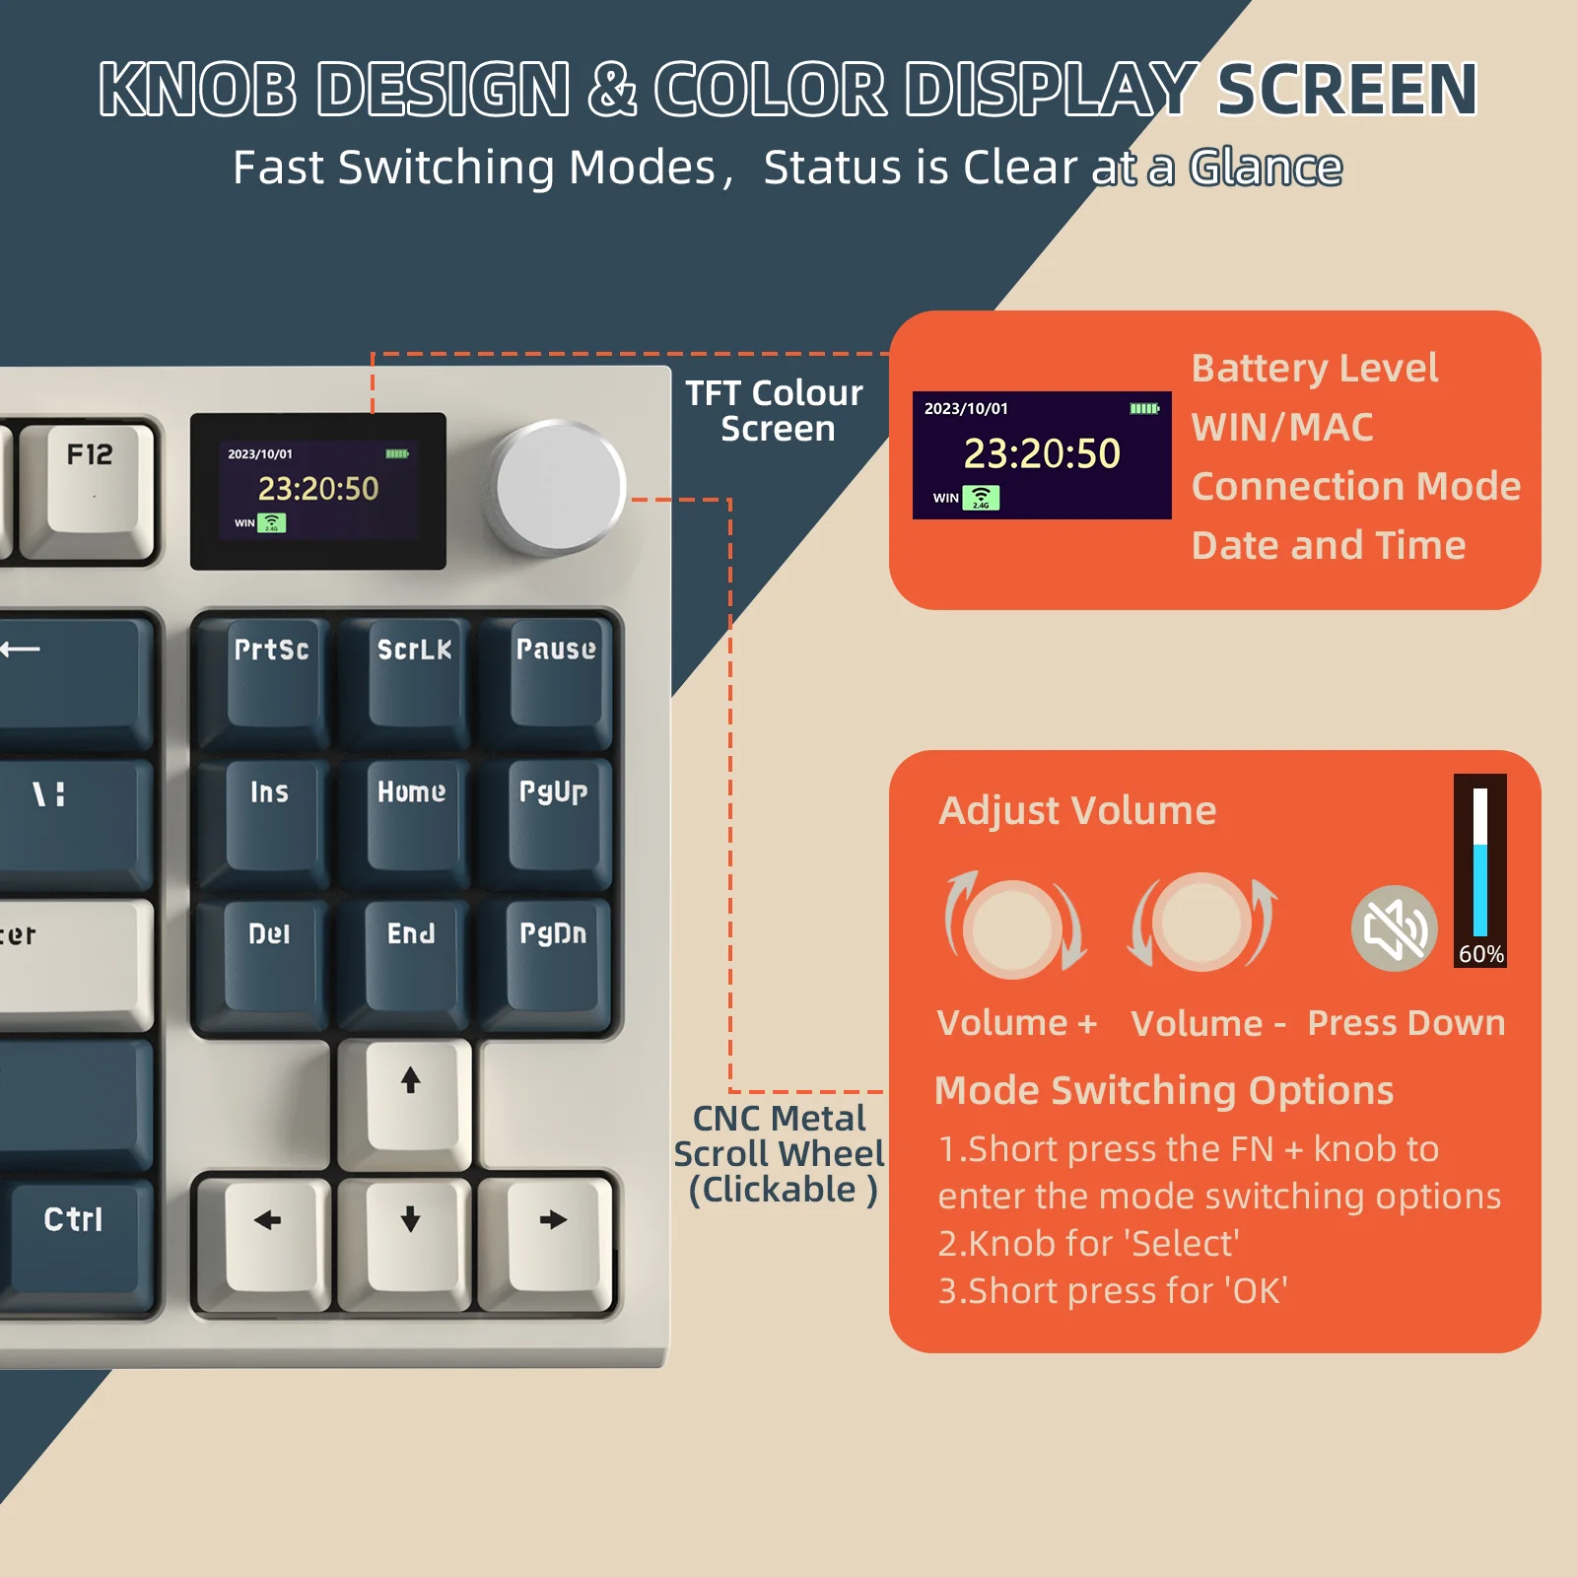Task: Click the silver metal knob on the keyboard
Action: point(560,487)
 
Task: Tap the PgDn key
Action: point(553,957)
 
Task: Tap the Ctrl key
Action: point(75,1232)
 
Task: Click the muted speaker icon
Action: point(1394,928)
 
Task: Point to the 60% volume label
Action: point(1480,954)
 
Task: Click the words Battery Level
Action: point(1314,369)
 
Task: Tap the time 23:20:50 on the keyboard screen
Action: point(318,489)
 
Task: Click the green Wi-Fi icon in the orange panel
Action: point(981,498)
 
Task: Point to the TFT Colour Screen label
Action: point(776,411)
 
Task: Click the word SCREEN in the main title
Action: point(1346,90)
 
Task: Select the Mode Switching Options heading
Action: point(1163,1090)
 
